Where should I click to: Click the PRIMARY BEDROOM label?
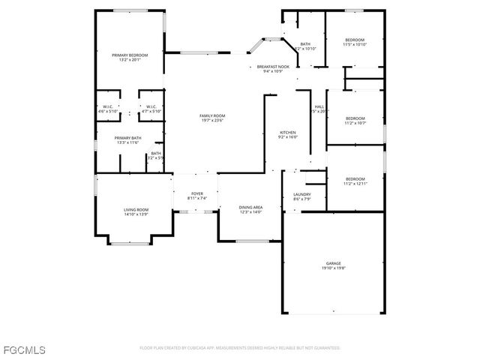click(x=130, y=55)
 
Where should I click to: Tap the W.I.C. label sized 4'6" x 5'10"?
click(x=108, y=106)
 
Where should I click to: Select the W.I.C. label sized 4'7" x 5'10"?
click(x=151, y=106)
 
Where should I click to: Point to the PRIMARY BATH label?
click(x=128, y=138)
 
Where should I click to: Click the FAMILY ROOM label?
click(x=212, y=115)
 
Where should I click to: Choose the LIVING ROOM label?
click(x=136, y=210)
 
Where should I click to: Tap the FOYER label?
click(x=196, y=193)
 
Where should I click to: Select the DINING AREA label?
click(x=250, y=207)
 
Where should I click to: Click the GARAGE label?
click(x=333, y=263)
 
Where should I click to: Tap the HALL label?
click(x=319, y=106)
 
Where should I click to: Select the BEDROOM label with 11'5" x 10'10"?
click(x=355, y=40)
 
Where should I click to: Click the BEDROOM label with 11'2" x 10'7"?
click(x=355, y=118)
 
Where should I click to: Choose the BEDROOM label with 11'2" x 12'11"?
click(x=355, y=178)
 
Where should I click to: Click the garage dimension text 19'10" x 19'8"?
click(x=333, y=268)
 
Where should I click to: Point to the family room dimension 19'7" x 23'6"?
click(x=212, y=120)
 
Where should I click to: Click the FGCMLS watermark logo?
click(x=23, y=349)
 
